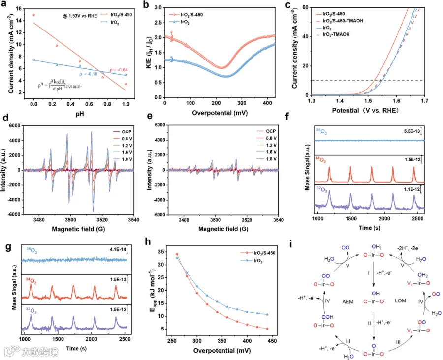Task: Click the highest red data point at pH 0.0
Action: coord(33,15)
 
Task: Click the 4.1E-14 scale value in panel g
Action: coord(120,251)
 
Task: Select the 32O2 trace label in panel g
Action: coord(31,311)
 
